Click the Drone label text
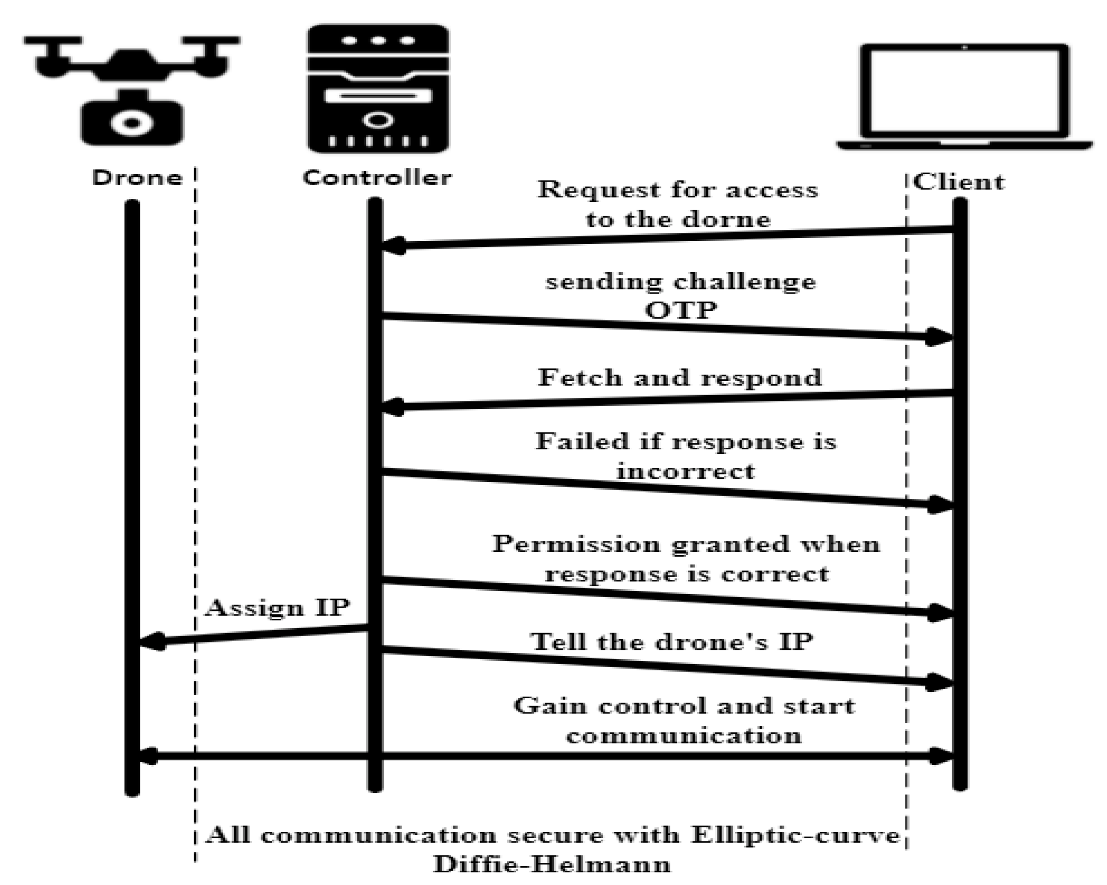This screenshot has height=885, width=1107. [x=137, y=178]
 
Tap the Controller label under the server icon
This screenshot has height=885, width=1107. [x=377, y=178]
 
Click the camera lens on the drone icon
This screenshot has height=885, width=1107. [x=132, y=123]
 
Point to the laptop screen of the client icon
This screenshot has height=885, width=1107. [x=963, y=90]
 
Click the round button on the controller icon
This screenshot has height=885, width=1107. [x=377, y=120]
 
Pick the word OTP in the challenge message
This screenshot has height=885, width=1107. [x=680, y=311]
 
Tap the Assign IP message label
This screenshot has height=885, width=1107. [x=277, y=608]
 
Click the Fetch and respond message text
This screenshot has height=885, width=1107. [x=679, y=378]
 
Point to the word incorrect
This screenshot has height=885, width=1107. [x=685, y=471]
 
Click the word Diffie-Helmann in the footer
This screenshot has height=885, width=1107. [x=552, y=864]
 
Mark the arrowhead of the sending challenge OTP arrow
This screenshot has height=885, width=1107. [x=940, y=337]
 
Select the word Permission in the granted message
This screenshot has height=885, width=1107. [x=576, y=544]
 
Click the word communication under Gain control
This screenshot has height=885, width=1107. [x=684, y=735]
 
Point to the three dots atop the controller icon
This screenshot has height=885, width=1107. [x=377, y=41]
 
